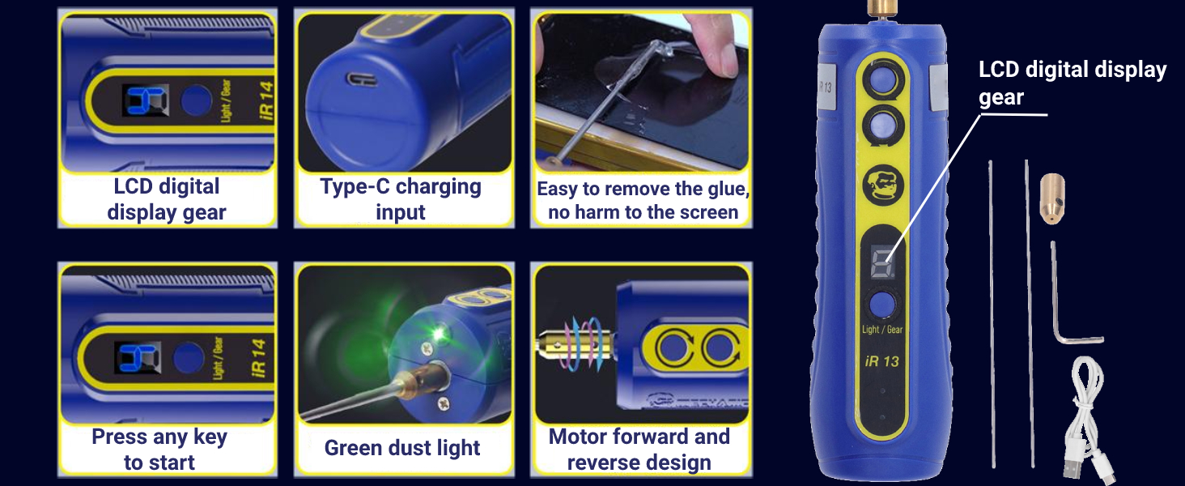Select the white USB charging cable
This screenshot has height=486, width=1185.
point(1084,421)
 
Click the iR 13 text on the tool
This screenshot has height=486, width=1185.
point(881,361)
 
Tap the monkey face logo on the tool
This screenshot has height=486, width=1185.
point(881,185)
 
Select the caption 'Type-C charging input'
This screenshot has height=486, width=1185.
point(401,199)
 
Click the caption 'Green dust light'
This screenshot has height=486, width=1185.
point(402,448)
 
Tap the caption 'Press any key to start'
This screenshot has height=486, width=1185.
point(159,450)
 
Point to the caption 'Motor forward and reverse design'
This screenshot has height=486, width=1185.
point(639,450)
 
